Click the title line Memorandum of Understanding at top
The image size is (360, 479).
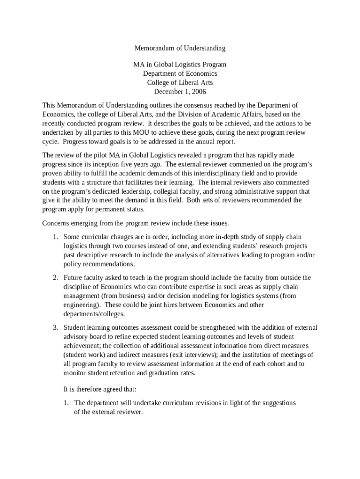(x=180, y=48)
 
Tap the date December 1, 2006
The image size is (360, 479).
(x=180, y=92)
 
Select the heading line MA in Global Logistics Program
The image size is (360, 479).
(x=180, y=65)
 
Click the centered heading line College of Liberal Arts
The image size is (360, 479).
(x=180, y=83)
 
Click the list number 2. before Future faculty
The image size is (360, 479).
(x=55, y=278)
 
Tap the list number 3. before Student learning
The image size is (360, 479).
(x=55, y=328)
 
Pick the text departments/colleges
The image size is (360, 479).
(x=94, y=314)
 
